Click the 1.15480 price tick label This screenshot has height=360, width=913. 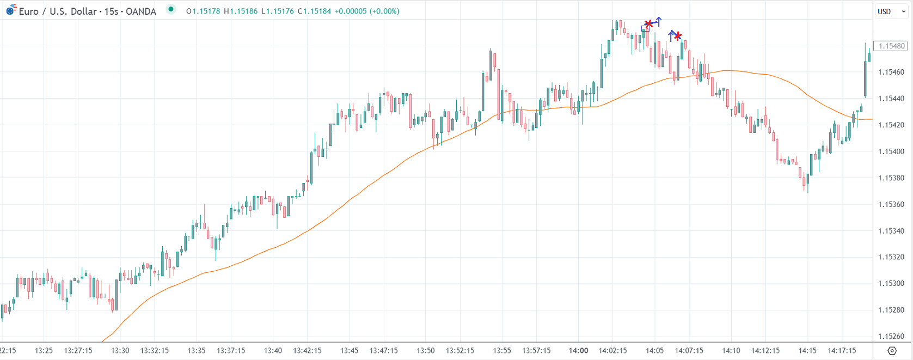point(892,46)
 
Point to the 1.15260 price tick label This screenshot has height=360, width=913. point(892,336)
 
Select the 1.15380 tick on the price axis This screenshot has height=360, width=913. point(892,178)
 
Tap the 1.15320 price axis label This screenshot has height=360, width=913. point(892,257)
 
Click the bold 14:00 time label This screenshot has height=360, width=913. point(578,350)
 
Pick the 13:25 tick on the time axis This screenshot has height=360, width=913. point(44,350)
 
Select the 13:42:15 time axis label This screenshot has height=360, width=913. point(307,350)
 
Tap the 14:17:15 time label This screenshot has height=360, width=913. point(842,350)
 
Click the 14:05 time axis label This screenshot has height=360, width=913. point(654,350)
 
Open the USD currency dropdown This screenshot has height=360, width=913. point(891,11)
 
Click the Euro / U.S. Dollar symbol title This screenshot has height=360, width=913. point(87,11)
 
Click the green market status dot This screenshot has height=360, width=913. point(171,9)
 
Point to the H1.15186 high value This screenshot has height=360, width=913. point(241,11)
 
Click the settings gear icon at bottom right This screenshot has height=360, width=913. point(892,350)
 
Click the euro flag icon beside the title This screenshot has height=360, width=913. point(11,9)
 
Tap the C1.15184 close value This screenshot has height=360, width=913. point(314,11)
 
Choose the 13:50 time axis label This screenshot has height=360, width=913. point(426,350)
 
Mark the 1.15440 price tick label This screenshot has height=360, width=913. point(892,99)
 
